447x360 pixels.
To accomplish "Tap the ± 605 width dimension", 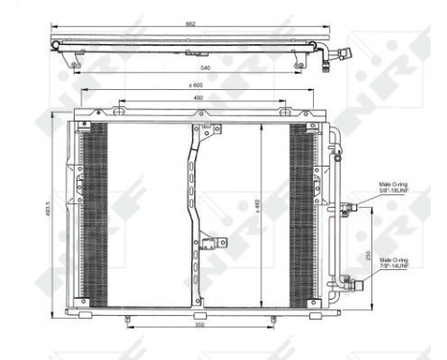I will pos(194,87).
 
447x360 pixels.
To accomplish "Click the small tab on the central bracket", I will pos(216,243).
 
